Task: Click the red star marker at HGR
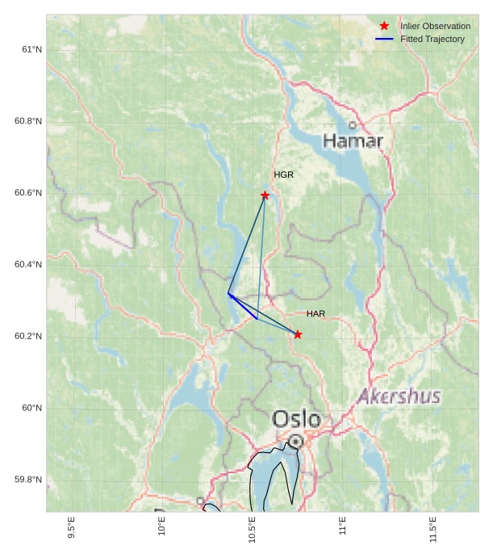(265, 195)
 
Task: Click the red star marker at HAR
(298, 334)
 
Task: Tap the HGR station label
(283, 174)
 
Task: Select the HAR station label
(315, 313)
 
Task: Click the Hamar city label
(353, 141)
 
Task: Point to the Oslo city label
(296, 420)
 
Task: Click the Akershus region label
(399, 396)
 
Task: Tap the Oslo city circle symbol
(296, 441)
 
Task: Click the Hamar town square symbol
(353, 125)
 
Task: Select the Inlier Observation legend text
(435, 26)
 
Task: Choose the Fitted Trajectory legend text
(432, 39)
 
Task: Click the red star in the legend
(384, 26)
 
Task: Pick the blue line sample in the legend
(384, 39)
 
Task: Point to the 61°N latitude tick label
(31, 49)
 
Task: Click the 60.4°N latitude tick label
(28, 264)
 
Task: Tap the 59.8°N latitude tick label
(28, 480)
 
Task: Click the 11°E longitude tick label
(343, 526)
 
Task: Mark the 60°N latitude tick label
(31, 408)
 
